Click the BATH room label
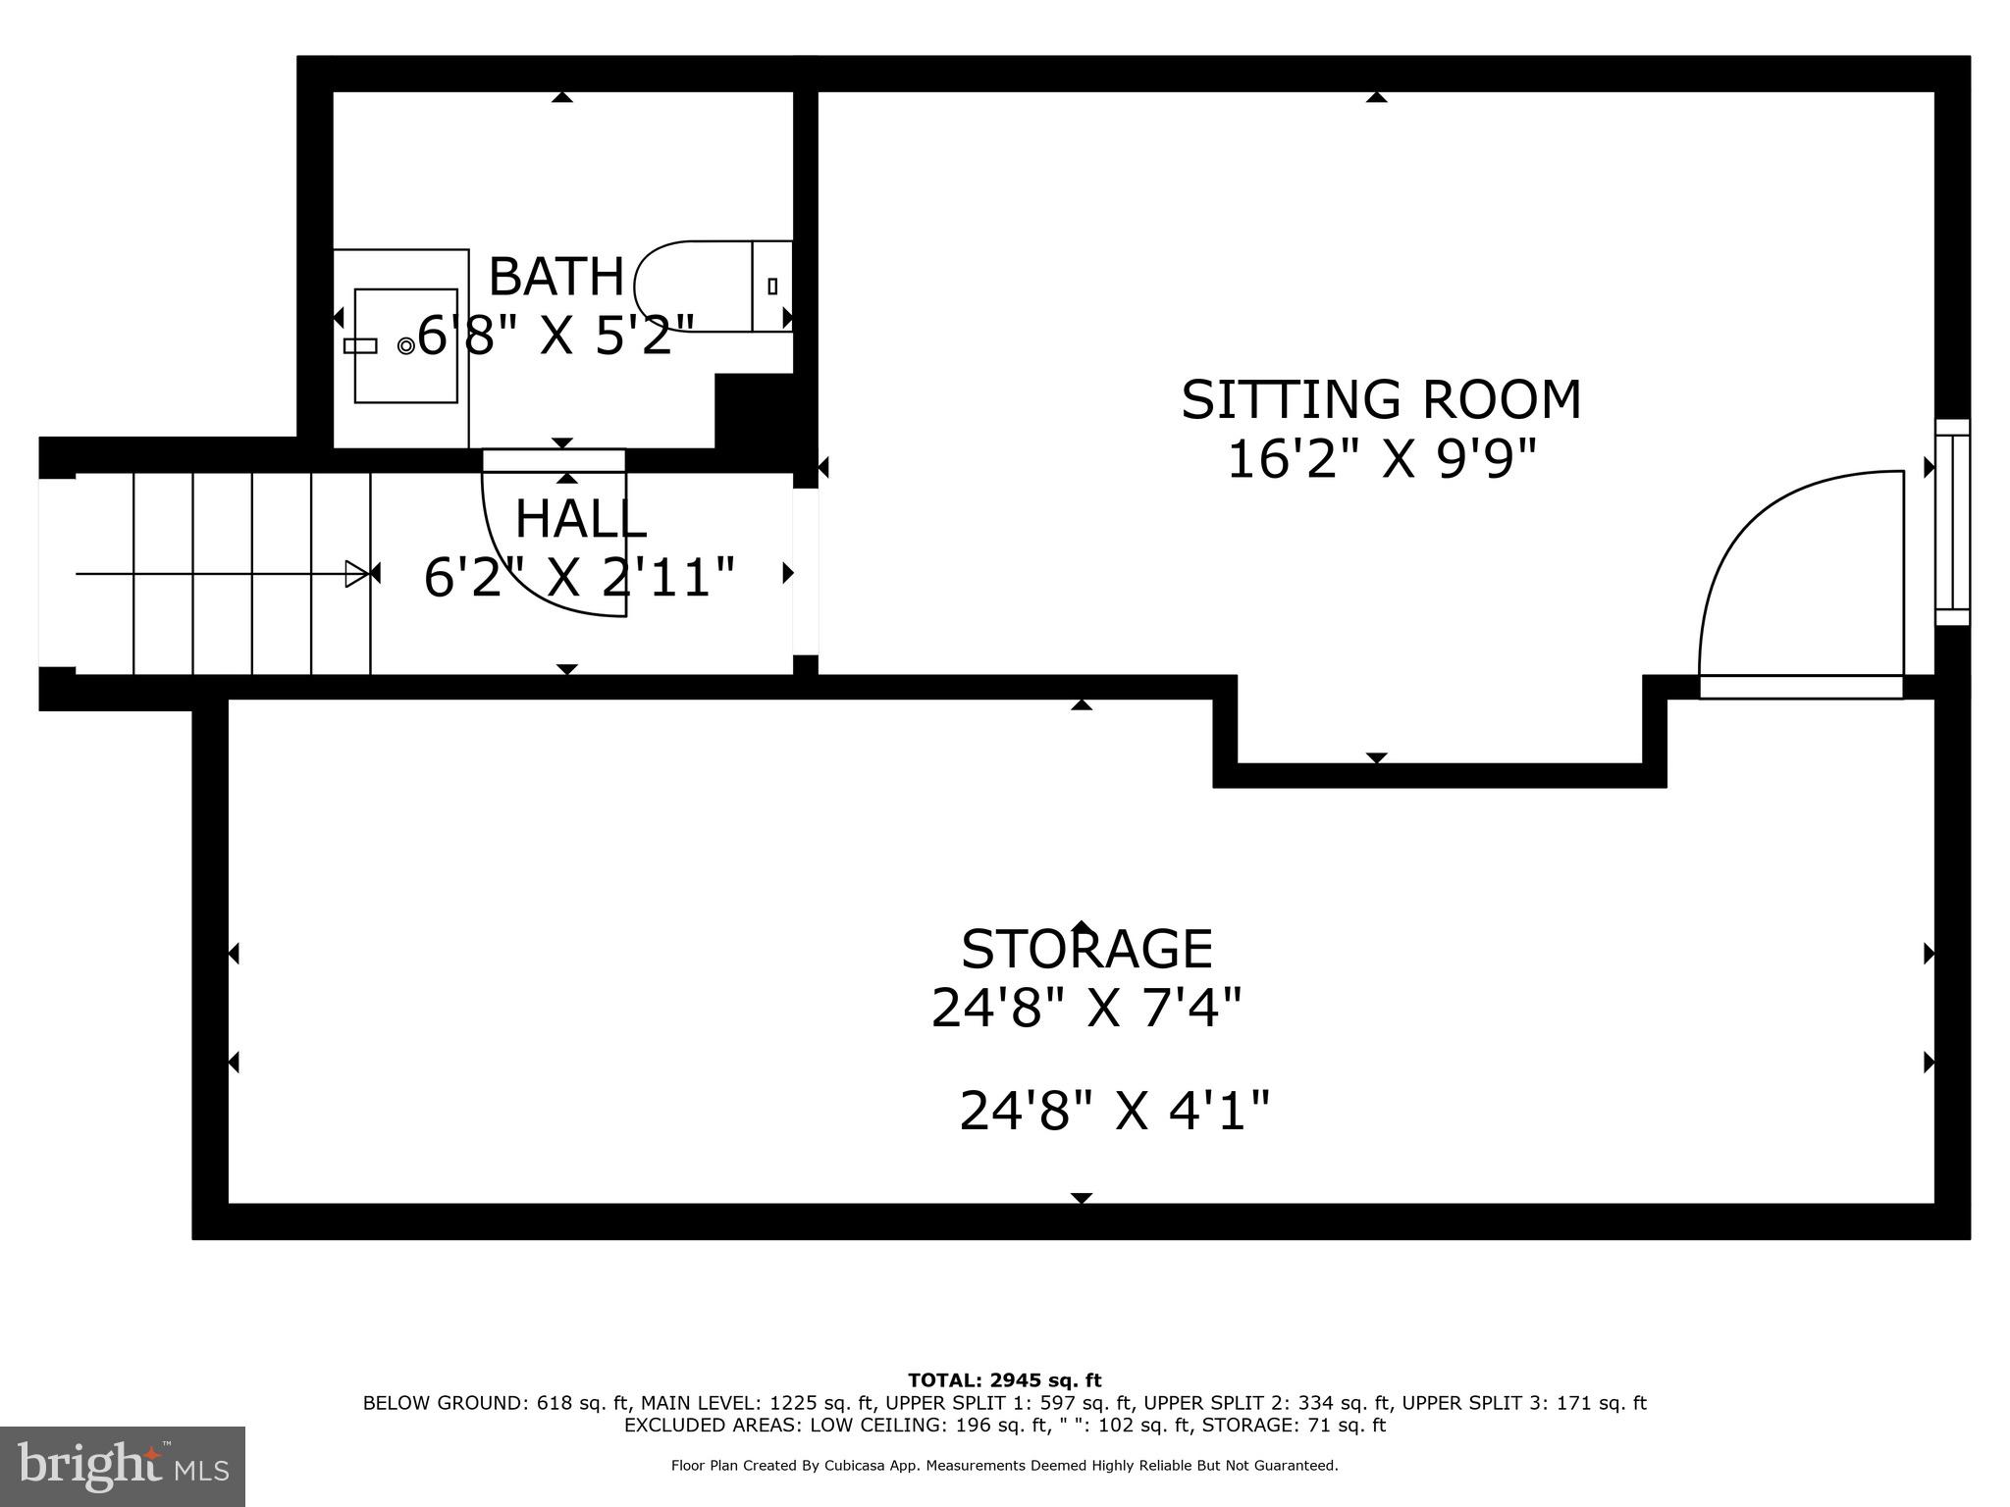pyautogui.click(x=555, y=277)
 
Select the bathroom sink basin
pyautogui.click(x=405, y=345)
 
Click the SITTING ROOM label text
pyautogui.click(x=1381, y=400)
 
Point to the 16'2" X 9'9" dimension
pyautogui.click(x=1381, y=459)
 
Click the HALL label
pyautogui.click(x=580, y=519)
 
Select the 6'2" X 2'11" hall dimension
pyautogui.click(x=579, y=577)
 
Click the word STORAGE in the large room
pyautogui.click(x=1086, y=950)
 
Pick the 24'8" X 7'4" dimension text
pyautogui.click(x=1086, y=1008)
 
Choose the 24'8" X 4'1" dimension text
pyautogui.click(x=1114, y=1112)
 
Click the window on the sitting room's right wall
pyautogui.click(x=1952, y=522)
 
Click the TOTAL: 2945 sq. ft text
pyautogui.click(x=1004, y=1381)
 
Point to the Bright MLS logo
pyautogui.click(x=123, y=1466)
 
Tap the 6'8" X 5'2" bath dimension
pyautogui.click(x=556, y=337)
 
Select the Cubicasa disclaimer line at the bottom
pyautogui.click(x=1004, y=1466)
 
